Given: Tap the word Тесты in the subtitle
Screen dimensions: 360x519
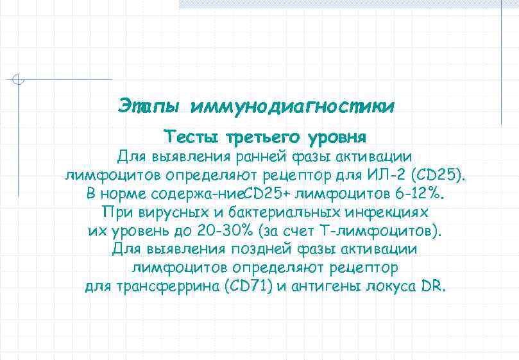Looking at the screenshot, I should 192,137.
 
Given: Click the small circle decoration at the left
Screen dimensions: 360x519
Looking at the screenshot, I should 19,80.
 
